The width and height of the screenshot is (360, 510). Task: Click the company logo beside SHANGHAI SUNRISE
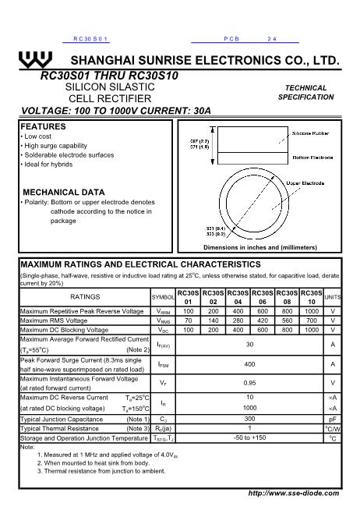[x=38, y=60]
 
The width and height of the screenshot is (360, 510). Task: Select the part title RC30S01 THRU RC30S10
[x=110, y=76]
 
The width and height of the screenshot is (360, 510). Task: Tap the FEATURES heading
[x=43, y=126]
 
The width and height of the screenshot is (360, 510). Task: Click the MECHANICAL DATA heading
[x=64, y=192]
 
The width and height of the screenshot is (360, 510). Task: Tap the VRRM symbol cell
[x=164, y=311]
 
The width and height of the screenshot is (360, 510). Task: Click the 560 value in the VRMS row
[x=288, y=320]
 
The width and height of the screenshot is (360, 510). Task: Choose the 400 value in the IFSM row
[x=249, y=364]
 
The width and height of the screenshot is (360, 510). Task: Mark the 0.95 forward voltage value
[x=249, y=383]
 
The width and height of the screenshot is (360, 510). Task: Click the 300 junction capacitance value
[x=249, y=419]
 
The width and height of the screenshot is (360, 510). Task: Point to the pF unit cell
[x=333, y=419]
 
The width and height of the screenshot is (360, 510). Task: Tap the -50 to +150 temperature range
[x=249, y=438]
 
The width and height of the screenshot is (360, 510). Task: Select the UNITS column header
[x=333, y=297]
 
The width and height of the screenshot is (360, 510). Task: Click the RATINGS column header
[x=85, y=297]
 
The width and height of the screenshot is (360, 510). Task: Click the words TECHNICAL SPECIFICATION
[x=305, y=93]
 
